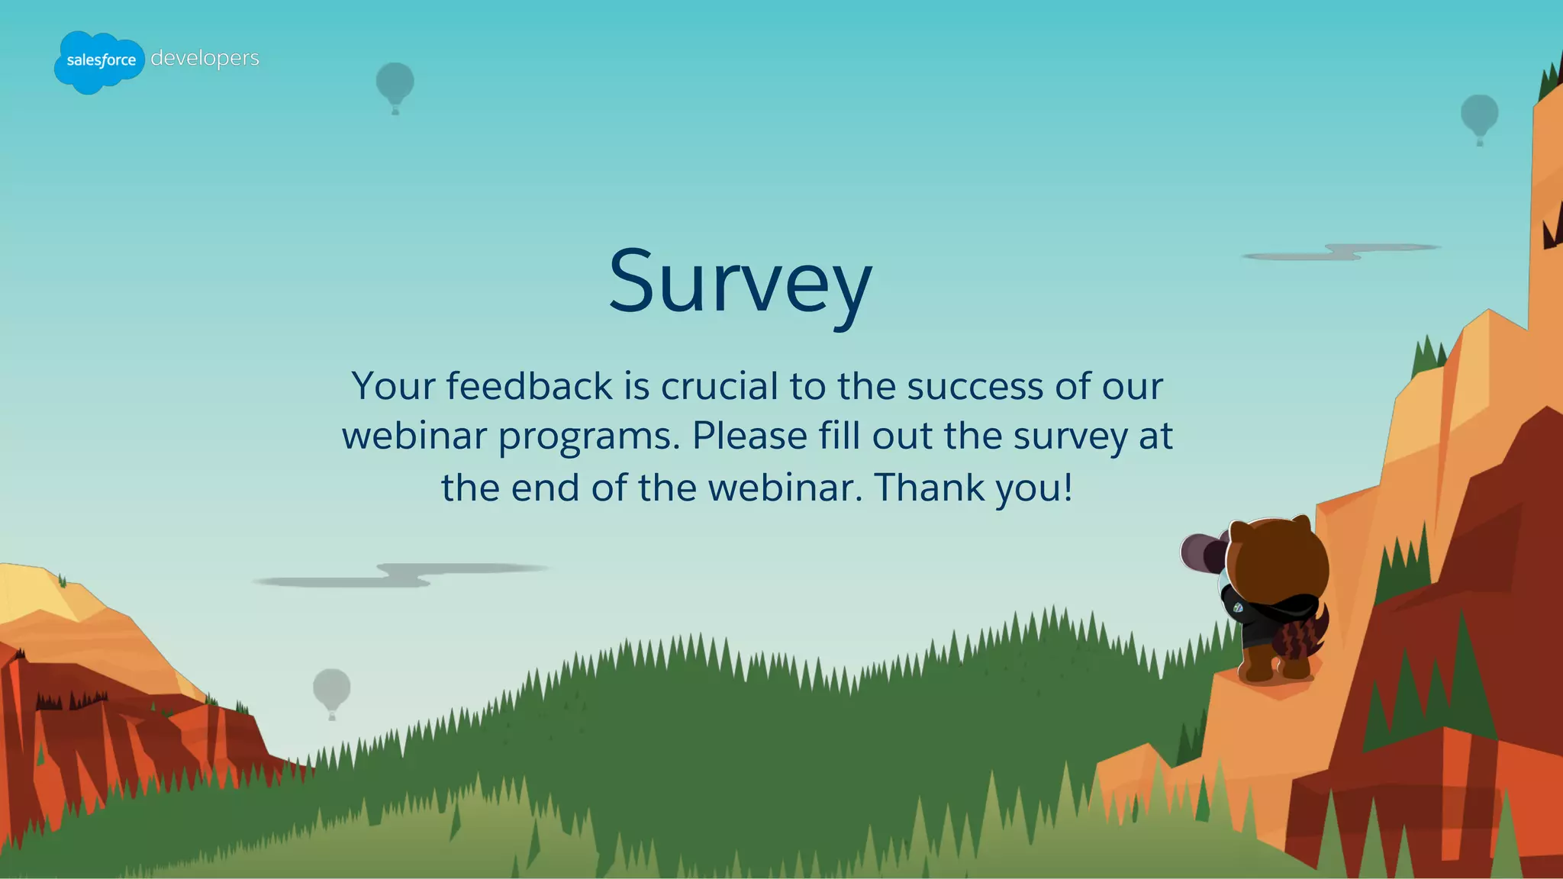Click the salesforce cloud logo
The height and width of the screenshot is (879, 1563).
99,62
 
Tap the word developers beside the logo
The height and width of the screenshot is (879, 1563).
205,58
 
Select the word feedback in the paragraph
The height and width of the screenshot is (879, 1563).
529,386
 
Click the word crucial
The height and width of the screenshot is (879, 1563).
719,386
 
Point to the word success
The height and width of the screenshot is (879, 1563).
975,386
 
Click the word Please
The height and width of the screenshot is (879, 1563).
749,436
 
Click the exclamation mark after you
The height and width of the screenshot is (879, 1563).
1068,487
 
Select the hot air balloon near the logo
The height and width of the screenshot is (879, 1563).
395,85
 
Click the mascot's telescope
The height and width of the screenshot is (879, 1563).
1201,552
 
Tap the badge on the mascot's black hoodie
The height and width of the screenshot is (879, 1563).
1238,608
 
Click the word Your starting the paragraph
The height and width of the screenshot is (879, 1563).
393,386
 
